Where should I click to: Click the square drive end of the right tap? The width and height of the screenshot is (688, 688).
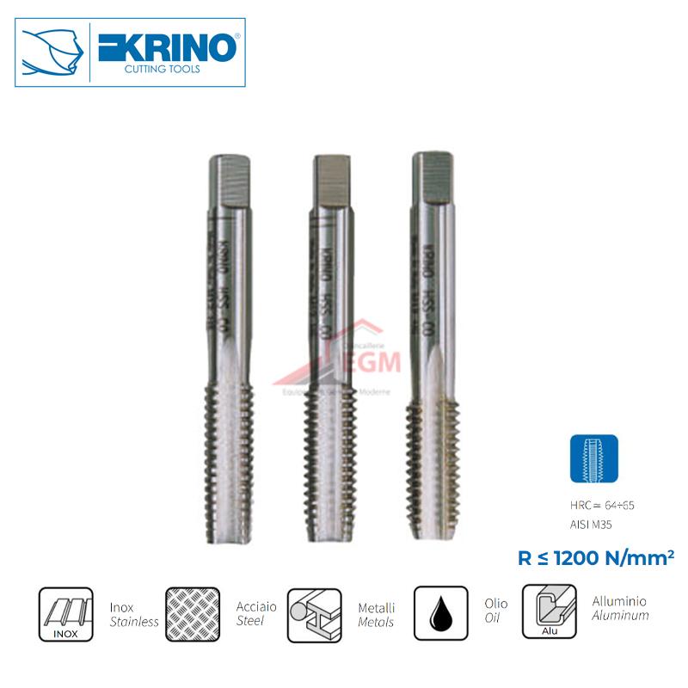pyautogui.click(x=433, y=176)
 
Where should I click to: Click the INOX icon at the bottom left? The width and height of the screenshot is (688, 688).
pyautogui.click(x=65, y=613)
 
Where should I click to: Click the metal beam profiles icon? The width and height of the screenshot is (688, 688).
pyautogui.click(x=314, y=613)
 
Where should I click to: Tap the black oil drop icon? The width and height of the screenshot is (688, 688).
pyautogui.click(x=440, y=613)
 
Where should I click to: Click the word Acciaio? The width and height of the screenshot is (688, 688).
pyautogui.click(x=255, y=605)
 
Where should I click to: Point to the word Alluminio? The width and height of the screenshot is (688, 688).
pyautogui.click(x=619, y=601)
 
